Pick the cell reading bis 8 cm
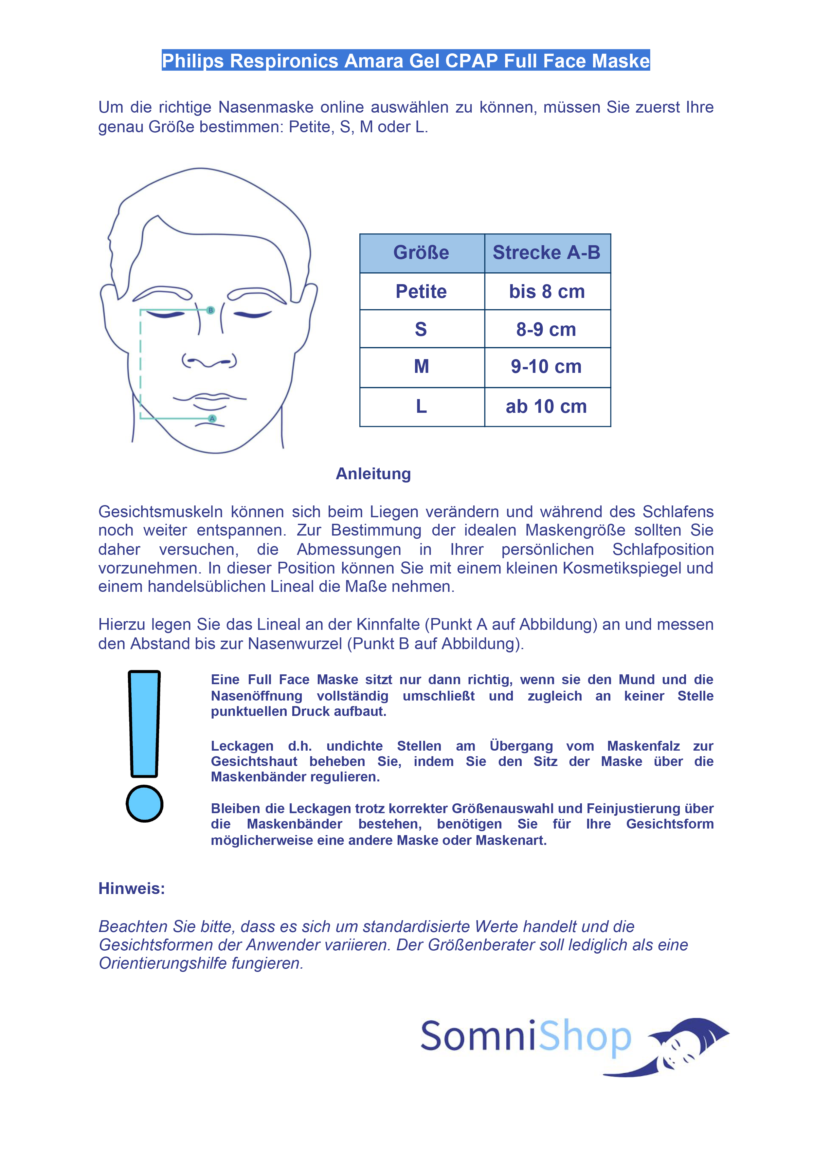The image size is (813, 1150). tap(547, 291)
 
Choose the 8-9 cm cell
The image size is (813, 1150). tap(547, 329)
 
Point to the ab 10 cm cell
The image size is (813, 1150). tap(547, 406)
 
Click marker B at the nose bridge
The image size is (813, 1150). tap(211, 311)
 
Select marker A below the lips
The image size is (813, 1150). tap(212, 419)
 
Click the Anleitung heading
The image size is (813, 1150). tap(373, 474)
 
